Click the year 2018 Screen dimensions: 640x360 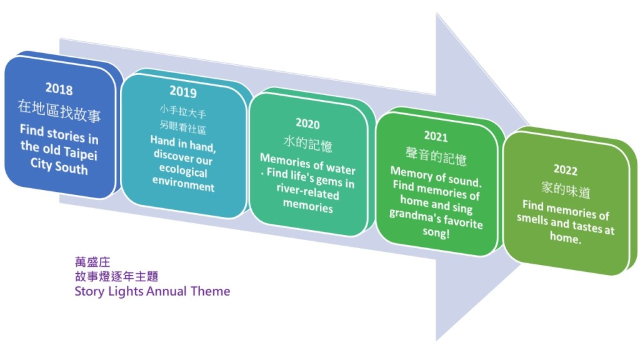pos(59,89)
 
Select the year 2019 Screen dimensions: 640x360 pos(183,91)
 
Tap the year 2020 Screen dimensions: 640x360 pos(307,123)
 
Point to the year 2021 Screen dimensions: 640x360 pos(436,136)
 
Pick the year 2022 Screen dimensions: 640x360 pos(565,169)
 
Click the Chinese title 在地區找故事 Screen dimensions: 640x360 pos(59,111)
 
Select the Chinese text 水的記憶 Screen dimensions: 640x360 pos(307,144)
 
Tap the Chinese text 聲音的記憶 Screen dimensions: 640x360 pos(436,156)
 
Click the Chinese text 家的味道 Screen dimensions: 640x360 pos(566,190)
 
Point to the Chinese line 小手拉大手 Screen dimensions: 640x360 pos(183,111)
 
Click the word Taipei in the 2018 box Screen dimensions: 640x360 pos(81,153)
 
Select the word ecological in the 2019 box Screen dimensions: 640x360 pos(183,171)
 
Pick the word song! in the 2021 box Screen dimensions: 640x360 pos(436,232)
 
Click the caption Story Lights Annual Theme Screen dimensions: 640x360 pos(152,291)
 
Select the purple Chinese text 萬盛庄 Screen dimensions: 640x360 pos(92,262)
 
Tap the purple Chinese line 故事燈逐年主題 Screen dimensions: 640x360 pos(116,276)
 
